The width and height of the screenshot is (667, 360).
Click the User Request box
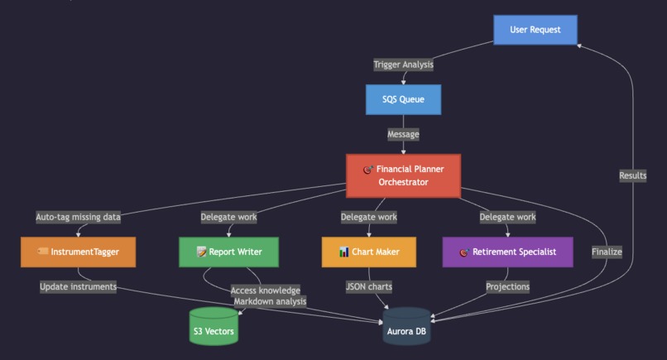click(535, 30)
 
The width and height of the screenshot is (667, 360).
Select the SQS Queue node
click(403, 99)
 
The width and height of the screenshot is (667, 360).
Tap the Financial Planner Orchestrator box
click(403, 175)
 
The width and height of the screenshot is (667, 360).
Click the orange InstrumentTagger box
click(78, 252)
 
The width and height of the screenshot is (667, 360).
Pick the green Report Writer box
click(229, 252)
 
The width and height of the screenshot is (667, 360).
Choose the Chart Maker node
click(368, 252)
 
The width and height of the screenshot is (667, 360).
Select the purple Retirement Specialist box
click(507, 252)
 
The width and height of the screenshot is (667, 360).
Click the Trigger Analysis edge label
click(403, 65)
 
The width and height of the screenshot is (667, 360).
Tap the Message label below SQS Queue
click(403, 134)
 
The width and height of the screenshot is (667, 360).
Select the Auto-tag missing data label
click(79, 217)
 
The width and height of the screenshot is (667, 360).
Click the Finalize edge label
click(607, 252)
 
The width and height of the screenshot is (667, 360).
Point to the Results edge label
click(633, 175)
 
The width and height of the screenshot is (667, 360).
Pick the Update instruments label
click(79, 286)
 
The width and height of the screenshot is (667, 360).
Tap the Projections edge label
click(507, 286)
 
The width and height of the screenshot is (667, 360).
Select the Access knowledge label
click(266, 290)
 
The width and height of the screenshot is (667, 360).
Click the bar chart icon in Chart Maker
click(343, 252)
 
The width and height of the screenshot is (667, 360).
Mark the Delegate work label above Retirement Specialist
click(507, 217)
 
